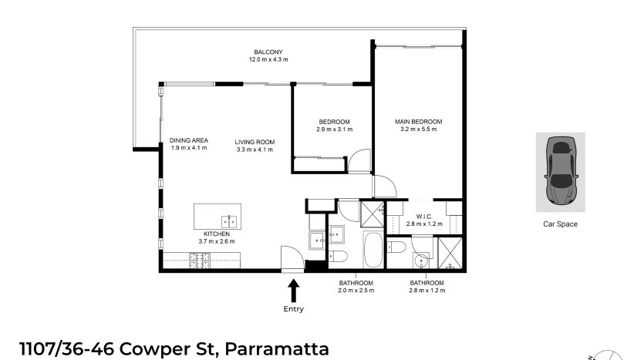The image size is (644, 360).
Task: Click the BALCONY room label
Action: tap(268, 52)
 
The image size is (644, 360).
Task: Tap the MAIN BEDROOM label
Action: tap(419, 122)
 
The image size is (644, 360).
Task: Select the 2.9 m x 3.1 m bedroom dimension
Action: tap(334, 130)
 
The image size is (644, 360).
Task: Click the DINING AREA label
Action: tap(189, 140)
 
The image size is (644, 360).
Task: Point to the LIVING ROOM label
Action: tap(255, 142)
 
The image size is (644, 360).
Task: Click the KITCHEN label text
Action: tap(217, 234)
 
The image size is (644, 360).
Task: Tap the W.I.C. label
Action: tap(424, 217)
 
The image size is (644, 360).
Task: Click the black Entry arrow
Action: tap(293, 291)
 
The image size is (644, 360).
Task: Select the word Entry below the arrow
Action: tap(293, 309)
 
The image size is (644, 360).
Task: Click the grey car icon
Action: tap(561, 170)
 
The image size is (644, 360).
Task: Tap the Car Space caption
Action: tap(560, 224)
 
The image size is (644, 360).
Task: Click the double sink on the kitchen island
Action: tap(229, 222)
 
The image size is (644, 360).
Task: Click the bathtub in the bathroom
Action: tap(373, 250)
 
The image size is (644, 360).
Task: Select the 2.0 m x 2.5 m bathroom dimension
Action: tap(356, 291)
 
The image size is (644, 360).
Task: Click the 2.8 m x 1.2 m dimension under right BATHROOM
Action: tap(427, 291)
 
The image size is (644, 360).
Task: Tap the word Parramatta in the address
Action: tap(277, 349)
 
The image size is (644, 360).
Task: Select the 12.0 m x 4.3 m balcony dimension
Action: tap(268, 59)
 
